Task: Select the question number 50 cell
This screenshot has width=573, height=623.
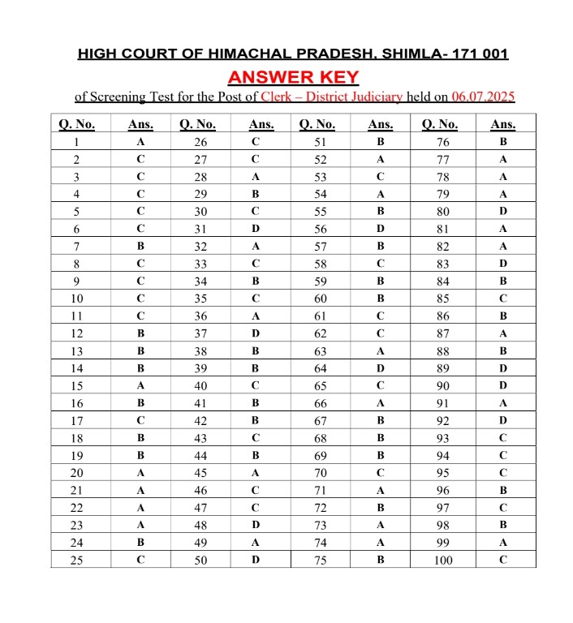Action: click(200, 560)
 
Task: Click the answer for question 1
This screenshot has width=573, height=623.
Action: click(140, 142)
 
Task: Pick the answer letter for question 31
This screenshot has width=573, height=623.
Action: click(256, 229)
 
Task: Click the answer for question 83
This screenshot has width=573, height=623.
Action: click(503, 264)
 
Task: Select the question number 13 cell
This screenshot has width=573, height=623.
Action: click(77, 350)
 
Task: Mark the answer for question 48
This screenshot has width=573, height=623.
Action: click(256, 525)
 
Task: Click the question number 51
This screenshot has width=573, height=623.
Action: click(321, 142)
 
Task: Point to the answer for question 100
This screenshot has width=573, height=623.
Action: click(503, 560)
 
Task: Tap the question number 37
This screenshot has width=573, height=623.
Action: click(200, 333)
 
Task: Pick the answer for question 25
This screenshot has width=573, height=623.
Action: click(140, 560)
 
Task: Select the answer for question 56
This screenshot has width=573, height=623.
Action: click(381, 229)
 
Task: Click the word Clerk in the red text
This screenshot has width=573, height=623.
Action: click(278, 97)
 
